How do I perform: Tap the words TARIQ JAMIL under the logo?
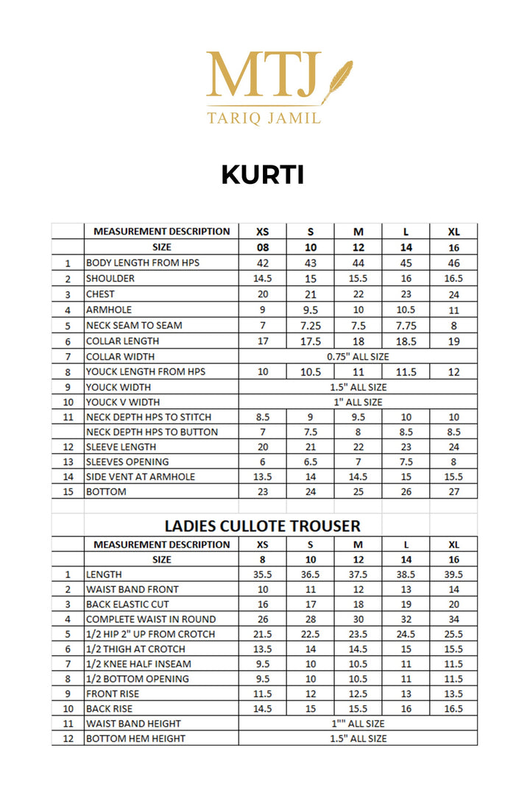[x=264, y=118]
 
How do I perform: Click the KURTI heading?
[x=263, y=175]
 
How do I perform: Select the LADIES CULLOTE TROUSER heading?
[x=262, y=526]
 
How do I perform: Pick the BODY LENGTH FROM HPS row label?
[x=142, y=263]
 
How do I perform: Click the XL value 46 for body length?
[x=453, y=263]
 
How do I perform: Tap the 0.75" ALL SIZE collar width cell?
[x=358, y=356]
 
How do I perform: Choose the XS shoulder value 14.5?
[x=263, y=279]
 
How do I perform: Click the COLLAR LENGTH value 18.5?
[x=406, y=341]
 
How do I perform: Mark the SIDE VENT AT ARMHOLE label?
[x=141, y=477]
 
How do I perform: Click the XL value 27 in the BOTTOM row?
[x=453, y=492]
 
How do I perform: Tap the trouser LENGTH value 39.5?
[x=453, y=574]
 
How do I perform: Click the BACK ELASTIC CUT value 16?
[x=263, y=605]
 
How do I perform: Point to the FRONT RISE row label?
[x=113, y=694]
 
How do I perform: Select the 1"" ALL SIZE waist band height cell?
[x=358, y=724]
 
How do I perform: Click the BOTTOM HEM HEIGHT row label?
[x=135, y=738]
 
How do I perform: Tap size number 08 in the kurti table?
[x=263, y=247]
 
